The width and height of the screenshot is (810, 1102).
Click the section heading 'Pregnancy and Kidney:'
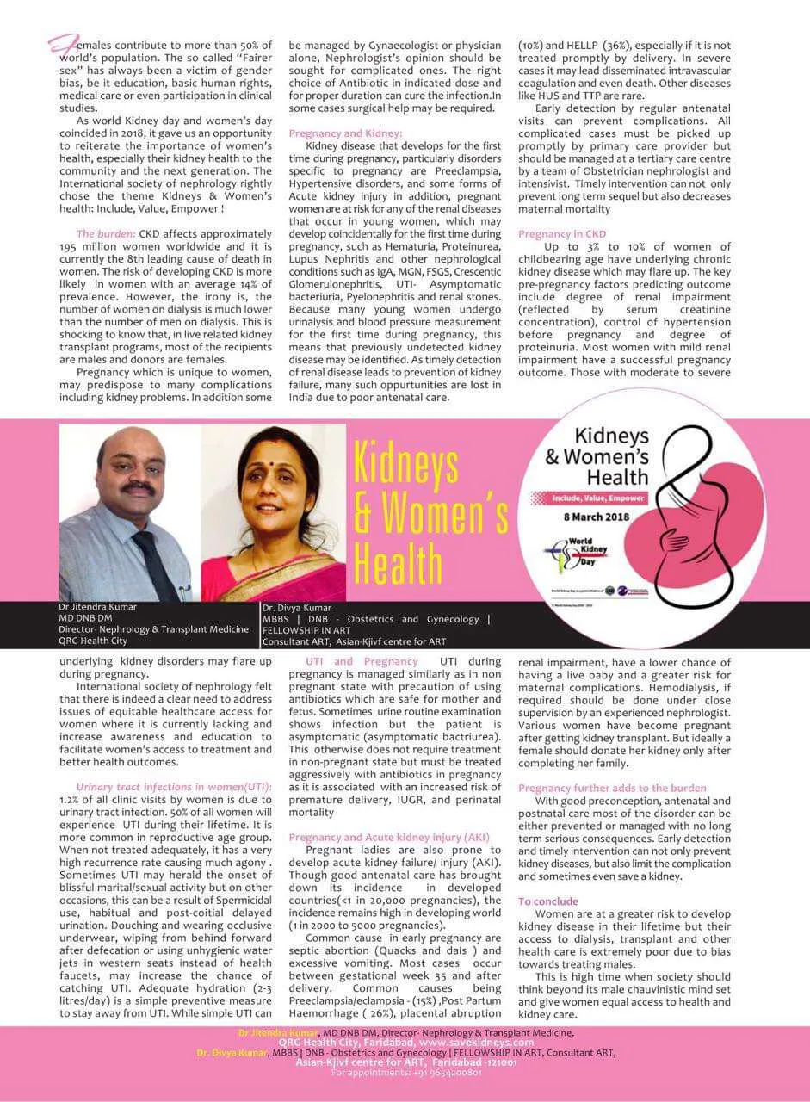point(345,133)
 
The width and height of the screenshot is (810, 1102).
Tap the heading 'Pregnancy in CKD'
point(562,234)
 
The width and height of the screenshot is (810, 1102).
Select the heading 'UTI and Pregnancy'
point(363,661)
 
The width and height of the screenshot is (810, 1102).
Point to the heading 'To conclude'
point(548,901)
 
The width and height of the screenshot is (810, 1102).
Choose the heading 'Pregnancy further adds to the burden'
point(612,788)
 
